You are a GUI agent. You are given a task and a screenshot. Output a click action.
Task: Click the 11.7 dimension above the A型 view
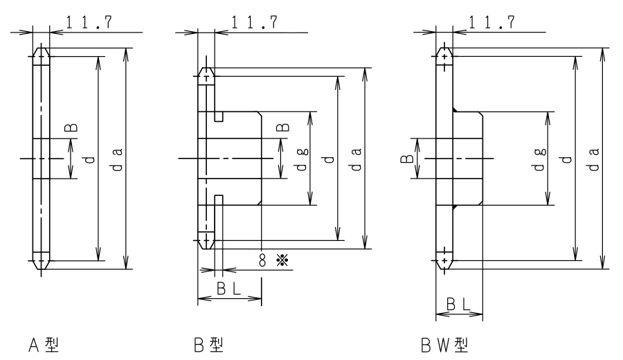[89, 22]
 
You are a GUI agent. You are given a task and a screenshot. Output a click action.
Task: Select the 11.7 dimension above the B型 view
[254, 22]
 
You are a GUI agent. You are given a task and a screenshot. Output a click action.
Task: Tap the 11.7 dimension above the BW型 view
[492, 22]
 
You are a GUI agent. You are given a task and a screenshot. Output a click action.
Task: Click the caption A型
[44, 345]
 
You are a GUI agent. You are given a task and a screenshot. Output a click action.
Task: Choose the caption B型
[208, 345]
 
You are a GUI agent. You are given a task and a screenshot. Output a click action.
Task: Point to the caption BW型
[444, 345]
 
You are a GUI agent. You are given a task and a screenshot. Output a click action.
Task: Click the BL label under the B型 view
[229, 289]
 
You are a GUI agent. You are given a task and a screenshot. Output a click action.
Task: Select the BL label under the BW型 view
[458, 305]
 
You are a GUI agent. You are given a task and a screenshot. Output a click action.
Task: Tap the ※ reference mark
[282, 260]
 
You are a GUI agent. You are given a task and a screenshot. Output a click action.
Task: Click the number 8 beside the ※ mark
[262, 260]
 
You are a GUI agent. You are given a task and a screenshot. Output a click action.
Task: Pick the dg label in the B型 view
[302, 159]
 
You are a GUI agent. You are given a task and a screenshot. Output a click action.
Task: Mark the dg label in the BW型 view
[539, 159]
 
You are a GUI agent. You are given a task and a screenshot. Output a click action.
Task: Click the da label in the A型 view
[117, 159]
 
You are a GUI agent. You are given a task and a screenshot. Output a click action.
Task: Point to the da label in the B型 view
[356, 159]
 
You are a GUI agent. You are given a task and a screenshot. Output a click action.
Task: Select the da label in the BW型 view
[594, 159]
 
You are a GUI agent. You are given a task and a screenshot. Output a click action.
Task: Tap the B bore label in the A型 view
[71, 127]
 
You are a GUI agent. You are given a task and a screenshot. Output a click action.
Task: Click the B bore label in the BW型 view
[407, 159]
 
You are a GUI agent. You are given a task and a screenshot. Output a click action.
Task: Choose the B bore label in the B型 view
[283, 127]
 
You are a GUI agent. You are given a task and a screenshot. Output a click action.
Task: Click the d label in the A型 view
[90, 159]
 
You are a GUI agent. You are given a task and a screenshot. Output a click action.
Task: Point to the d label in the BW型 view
[566, 159]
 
